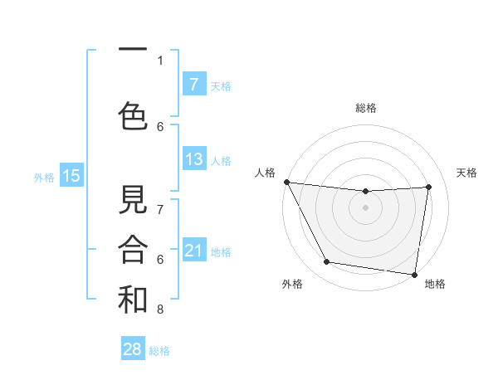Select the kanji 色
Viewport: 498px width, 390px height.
coord(133,115)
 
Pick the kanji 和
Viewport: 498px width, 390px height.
coord(133,299)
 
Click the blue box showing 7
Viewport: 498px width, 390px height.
coord(194,84)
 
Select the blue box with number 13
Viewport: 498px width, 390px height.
coord(194,159)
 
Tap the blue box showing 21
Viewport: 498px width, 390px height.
coord(194,251)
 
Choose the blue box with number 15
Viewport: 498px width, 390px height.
coord(71,175)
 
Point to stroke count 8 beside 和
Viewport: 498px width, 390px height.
coord(160,310)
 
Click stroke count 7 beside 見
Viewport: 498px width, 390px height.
coord(160,210)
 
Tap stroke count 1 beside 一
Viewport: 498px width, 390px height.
coord(160,60)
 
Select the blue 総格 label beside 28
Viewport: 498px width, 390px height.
coord(159,350)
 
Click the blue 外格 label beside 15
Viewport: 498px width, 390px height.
coord(44,176)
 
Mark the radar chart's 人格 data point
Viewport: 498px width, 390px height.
coord(286,182)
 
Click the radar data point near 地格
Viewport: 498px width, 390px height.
coord(414,274)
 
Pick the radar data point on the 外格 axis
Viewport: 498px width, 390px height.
coord(326,262)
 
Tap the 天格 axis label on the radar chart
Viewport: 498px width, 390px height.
coord(467,173)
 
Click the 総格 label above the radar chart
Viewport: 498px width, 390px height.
coord(366,108)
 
